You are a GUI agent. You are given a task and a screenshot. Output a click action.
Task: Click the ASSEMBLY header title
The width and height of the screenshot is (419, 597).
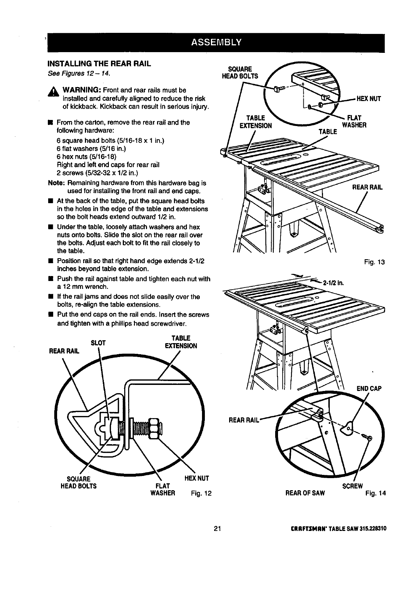click(216, 42)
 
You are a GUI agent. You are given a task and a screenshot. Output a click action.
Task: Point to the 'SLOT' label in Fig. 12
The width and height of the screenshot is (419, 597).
click(99, 343)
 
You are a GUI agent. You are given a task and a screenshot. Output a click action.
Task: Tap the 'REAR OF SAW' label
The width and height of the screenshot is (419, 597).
click(305, 493)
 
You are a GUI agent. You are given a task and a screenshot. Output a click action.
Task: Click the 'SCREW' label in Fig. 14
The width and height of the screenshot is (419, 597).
click(353, 486)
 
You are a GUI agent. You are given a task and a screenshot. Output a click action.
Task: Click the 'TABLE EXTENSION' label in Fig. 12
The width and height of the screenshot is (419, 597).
click(181, 342)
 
